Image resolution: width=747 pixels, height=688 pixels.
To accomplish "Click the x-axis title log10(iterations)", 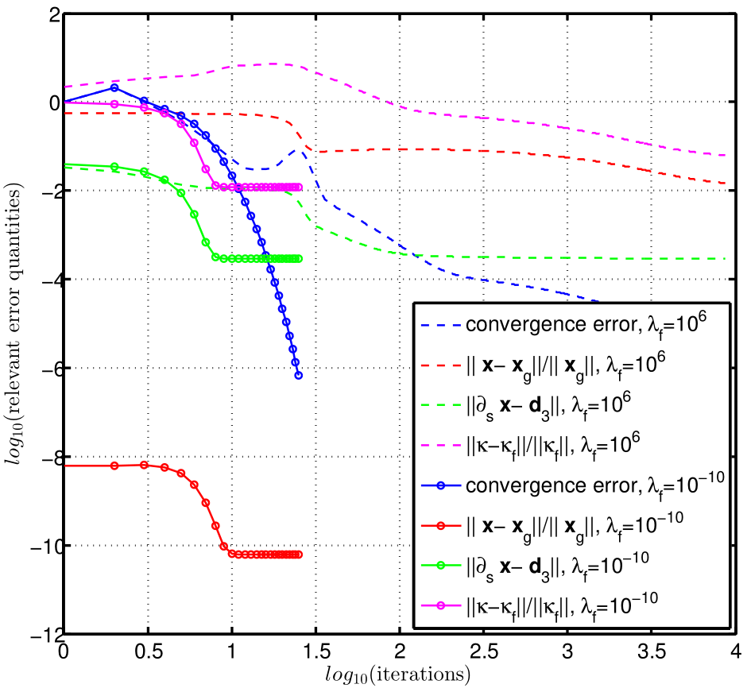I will (x=397, y=674).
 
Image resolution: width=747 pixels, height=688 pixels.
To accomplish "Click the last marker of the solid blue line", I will (x=298, y=376).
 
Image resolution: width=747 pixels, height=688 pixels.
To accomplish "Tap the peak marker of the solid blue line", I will (x=114, y=87).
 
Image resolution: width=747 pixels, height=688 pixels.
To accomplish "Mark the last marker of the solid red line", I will (x=298, y=554).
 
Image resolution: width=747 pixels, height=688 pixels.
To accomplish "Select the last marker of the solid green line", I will (x=298, y=258).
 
